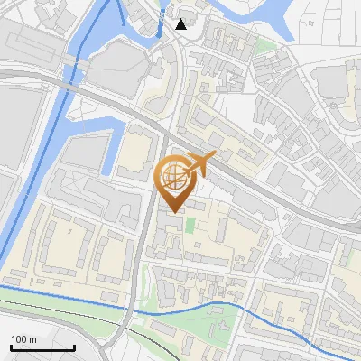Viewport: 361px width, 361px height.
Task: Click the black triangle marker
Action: pos(181,24)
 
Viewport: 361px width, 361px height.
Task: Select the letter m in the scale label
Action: pos(33,339)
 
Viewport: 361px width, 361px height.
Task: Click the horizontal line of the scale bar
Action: pos(42,347)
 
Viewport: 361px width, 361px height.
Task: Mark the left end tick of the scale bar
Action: pos(11,346)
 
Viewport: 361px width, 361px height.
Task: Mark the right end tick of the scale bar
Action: pos(74,346)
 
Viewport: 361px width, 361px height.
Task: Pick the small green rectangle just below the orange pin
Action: pos(190,222)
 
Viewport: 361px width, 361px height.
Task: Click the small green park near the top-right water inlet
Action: pos(264,45)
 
